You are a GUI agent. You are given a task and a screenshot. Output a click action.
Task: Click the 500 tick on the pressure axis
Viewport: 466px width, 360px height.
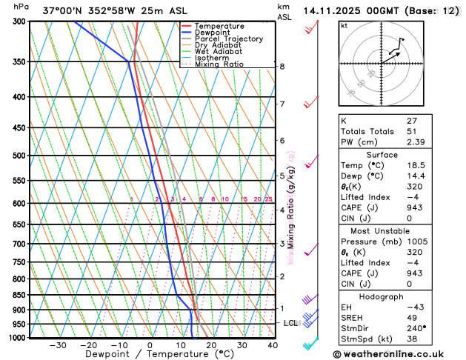coord(19,156)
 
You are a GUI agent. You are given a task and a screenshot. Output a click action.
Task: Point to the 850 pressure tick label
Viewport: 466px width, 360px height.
coord(19,295)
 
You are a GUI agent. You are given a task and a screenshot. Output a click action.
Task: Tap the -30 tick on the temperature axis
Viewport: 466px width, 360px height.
coord(58,345)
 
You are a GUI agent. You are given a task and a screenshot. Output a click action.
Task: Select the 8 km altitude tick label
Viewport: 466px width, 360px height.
coord(282,67)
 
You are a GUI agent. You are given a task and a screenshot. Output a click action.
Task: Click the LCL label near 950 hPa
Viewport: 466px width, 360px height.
coord(290,324)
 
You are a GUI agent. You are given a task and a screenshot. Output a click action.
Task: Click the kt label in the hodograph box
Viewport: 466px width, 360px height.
coord(344,25)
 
